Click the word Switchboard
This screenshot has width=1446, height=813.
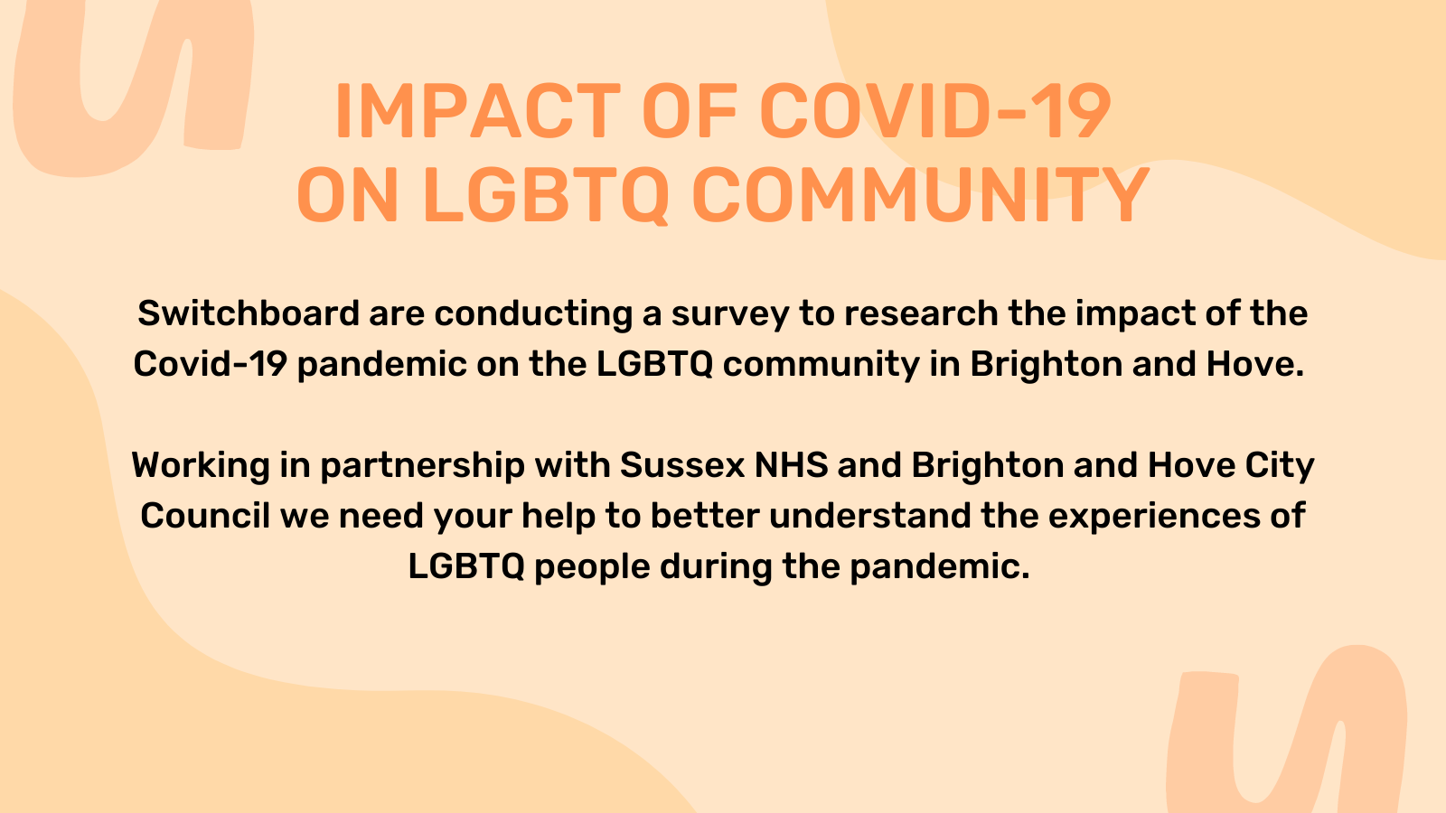point(249,313)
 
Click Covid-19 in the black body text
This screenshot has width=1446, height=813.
point(210,364)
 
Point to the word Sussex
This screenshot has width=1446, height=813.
point(682,465)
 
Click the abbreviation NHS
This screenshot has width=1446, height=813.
point(792,465)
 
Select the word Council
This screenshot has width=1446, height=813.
point(205,516)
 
